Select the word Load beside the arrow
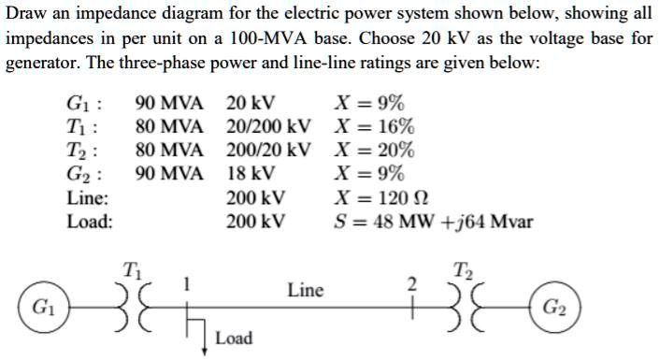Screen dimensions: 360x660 (x=234, y=338)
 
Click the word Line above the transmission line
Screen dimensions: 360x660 (x=305, y=290)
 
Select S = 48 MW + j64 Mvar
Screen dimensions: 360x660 (x=434, y=222)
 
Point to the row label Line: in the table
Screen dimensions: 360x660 (x=88, y=198)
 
